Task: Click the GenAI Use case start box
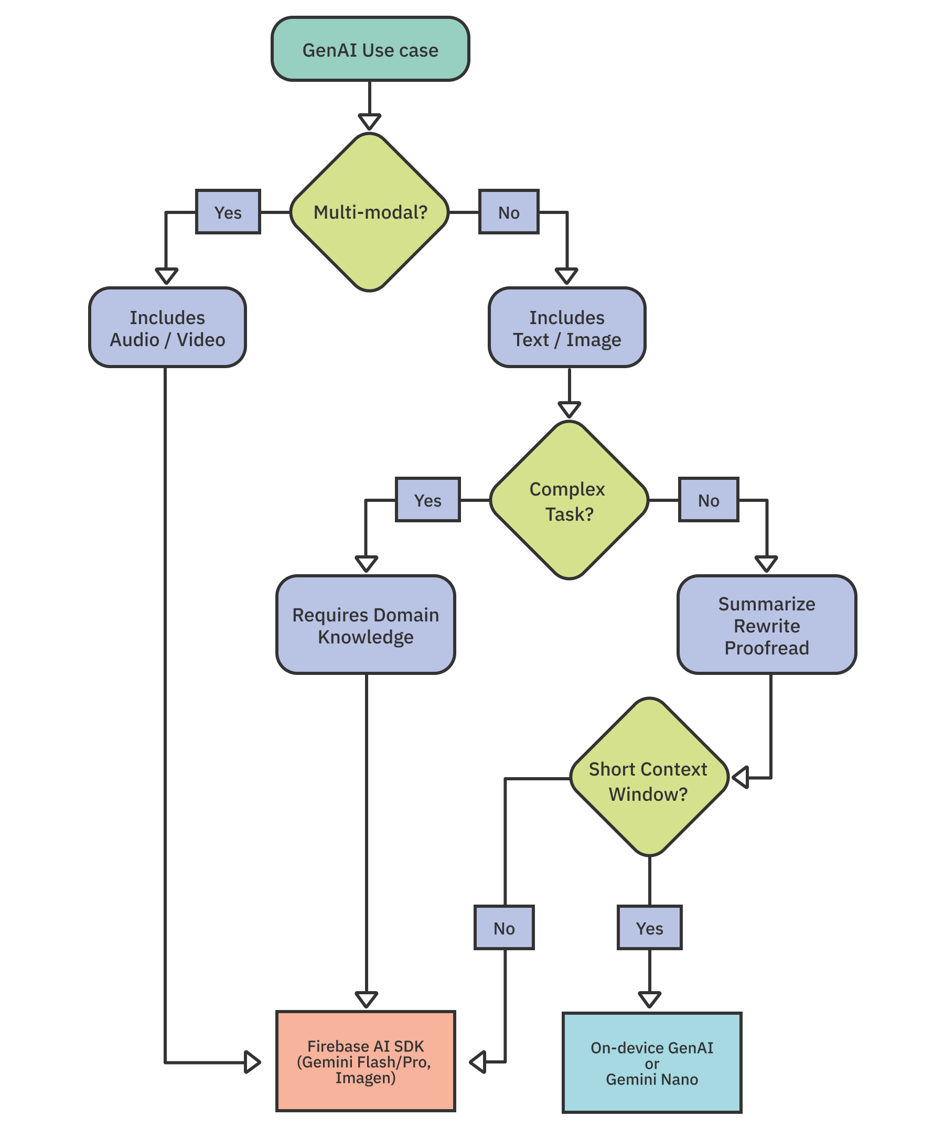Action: (370, 49)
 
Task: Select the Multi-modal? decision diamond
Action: (370, 212)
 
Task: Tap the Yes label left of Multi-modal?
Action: (228, 212)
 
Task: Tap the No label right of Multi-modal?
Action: (508, 212)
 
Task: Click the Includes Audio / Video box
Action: (167, 328)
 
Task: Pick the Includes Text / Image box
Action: (567, 328)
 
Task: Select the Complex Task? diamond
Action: (569, 501)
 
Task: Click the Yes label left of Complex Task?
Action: (427, 500)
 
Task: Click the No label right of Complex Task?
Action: (708, 500)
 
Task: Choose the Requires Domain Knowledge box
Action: (366, 625)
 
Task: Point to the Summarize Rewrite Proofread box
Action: (766, 625)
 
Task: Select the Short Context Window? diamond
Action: (649, 777)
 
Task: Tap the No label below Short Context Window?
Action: (504, 928)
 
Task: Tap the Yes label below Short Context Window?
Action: (649, 928)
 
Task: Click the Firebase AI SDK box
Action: (366, 1061)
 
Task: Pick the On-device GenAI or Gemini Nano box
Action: (652, 1063)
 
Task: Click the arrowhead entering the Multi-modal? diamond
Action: (370, 121)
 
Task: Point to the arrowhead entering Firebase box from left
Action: (252, 1062)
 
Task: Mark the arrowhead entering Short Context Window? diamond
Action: (741, 777)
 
